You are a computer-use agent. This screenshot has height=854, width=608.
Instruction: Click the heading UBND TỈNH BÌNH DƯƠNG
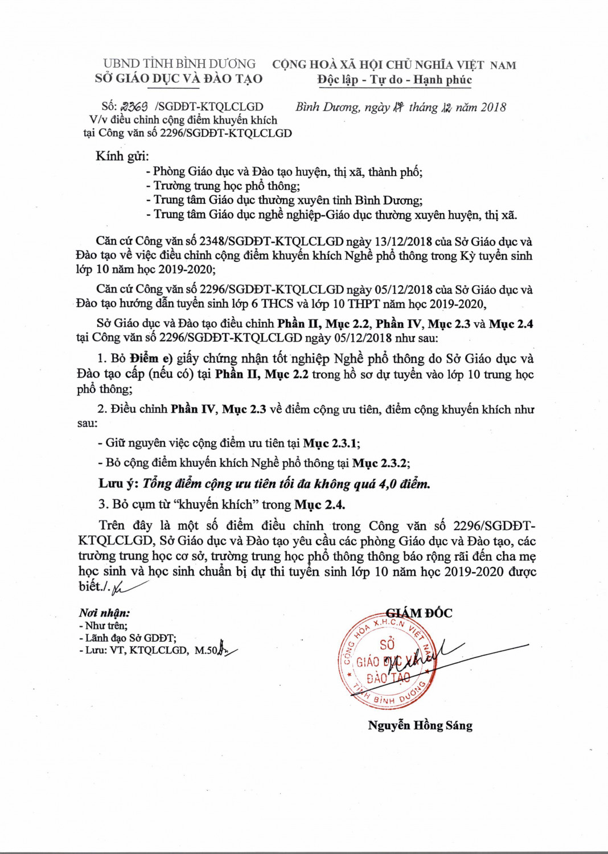point(179,63)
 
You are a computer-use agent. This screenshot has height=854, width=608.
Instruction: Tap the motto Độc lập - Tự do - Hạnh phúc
point(395,80)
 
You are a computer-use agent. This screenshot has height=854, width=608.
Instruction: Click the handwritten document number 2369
point(135,106)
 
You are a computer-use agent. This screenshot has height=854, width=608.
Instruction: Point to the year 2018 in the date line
point(493,107)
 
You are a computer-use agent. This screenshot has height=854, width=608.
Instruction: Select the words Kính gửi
point(122,156)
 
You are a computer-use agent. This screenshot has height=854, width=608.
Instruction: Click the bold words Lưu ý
point(118,483)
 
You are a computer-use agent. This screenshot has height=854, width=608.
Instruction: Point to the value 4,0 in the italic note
point(388,484)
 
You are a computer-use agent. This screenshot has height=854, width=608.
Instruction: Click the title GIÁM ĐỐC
point(419,613)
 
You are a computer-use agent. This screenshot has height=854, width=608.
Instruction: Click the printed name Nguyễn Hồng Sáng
point(420,725)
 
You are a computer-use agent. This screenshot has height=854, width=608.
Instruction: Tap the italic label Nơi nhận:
point(104,613)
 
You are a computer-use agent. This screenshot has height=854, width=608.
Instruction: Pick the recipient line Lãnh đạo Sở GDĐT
point(130,638)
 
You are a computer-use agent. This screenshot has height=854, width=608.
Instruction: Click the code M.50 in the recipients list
point(206,650)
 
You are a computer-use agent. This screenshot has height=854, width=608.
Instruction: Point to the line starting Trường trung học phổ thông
point(227,186)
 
